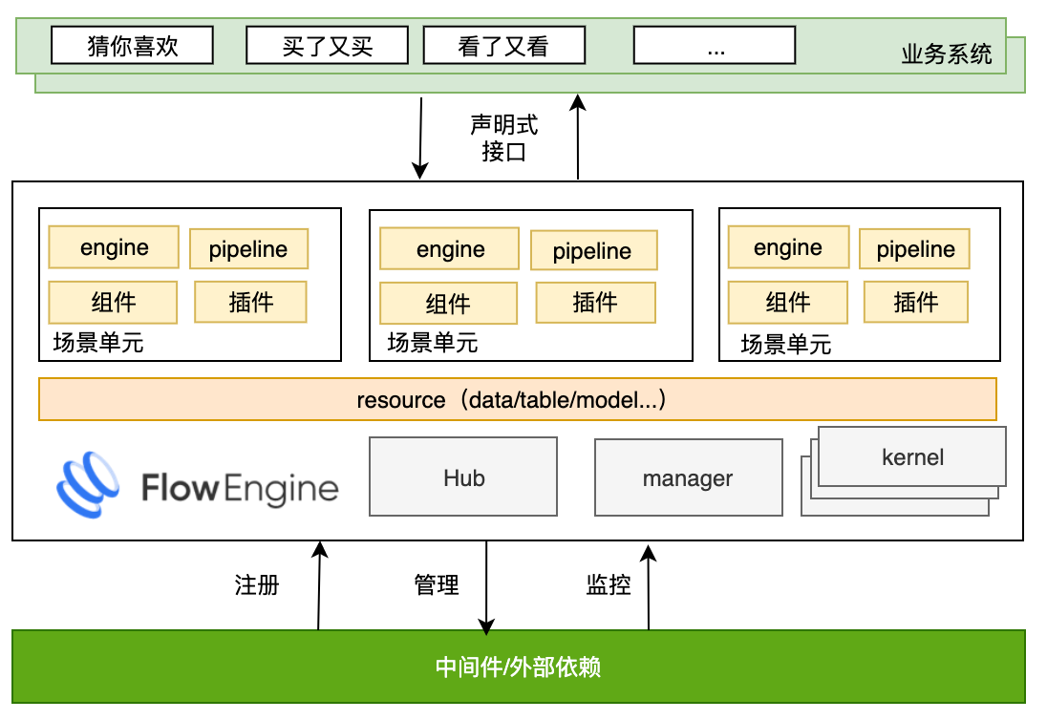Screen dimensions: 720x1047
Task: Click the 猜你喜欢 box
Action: pyautogui.click(x=132, y=45)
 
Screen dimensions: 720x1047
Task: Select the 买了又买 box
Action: pyautogui.click(x=327, y=45)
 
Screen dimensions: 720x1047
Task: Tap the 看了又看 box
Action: pyautogui.click(x=503, y=45)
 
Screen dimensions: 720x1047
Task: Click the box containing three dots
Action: pyautogui.click(x=715, y=45)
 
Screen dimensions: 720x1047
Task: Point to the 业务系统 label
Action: pyautogui.click(x=946, y=53)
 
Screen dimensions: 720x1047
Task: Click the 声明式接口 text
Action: pyautogui.click(x=503, y=138)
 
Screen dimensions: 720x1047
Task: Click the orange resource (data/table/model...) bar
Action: pyautogui.click(x=517, y=399)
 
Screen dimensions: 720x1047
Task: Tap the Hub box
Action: pyautogui.click(x=463, y=477)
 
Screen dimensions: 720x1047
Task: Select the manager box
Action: pyautogui.click(x=687, y=477)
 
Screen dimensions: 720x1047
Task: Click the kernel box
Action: pyautogui.click(x=912, y=456)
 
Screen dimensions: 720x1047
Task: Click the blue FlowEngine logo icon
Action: pyautogui.click(x=88, y=485)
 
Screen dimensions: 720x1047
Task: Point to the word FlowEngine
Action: pyautogui.click(x=240, y=489)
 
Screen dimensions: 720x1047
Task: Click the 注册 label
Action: pyautogui.click(x=257, y=584)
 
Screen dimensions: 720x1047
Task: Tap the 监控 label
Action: pyautogui.click(x=609, y=584)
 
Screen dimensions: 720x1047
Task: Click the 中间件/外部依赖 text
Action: pyautogui.click(x=518, y=667)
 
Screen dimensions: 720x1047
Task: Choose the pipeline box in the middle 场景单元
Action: pyautogui.click(x=593, y=251)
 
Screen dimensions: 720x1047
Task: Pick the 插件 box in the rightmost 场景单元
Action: pyautogui.click(x=915, y=303)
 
